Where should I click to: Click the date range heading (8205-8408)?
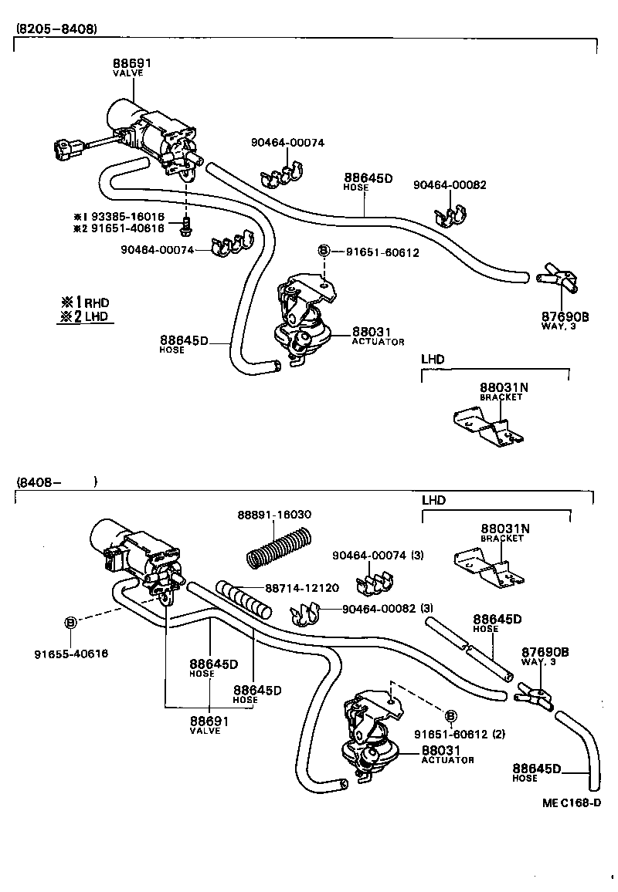click(56, 29)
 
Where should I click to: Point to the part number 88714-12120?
click(301, 588)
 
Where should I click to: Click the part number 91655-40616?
click(70, 654)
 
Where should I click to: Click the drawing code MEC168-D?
click(571, 802)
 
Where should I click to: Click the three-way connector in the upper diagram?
click(557, 278)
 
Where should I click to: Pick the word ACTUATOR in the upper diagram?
click(378, 341)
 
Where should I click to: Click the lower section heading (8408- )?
click(54, 482)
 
